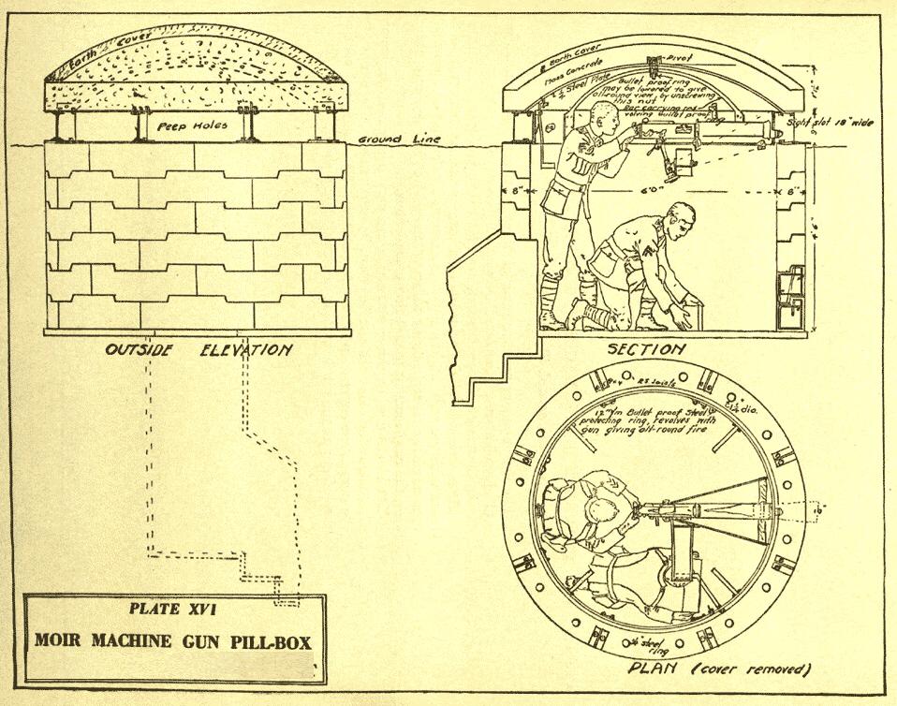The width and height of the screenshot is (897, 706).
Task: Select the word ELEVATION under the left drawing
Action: point(245,350)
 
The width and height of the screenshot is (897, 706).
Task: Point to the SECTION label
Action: point(645,348)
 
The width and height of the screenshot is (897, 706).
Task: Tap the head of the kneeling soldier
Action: point(680,221)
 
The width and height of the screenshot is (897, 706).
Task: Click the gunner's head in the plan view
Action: point(600,511)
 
